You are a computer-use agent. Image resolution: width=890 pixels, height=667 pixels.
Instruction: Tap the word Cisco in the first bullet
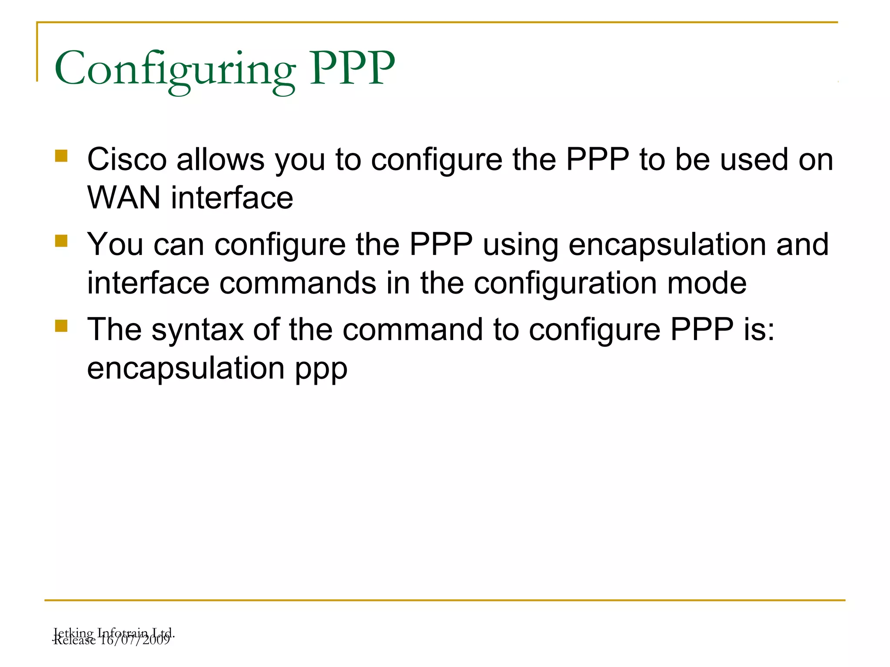click(x=127, y=159)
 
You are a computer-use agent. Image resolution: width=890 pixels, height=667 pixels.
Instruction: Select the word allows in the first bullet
click(x=220, y=159)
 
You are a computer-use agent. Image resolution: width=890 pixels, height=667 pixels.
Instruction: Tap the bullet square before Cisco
click(x=61, y=156)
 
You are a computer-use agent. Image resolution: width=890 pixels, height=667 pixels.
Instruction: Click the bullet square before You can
click(x=61, y=241)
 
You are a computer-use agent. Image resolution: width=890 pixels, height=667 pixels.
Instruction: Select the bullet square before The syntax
click(x=61, y=326)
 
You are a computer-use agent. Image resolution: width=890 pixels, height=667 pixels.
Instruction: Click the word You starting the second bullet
click(x=115, y=244)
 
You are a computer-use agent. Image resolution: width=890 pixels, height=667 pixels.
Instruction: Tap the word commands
click(x=298, y=283)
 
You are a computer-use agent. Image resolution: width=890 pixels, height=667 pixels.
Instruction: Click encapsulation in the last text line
click(x=186, y=369)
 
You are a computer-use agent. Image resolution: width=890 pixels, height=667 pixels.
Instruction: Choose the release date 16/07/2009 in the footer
click(x=135, y=640)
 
